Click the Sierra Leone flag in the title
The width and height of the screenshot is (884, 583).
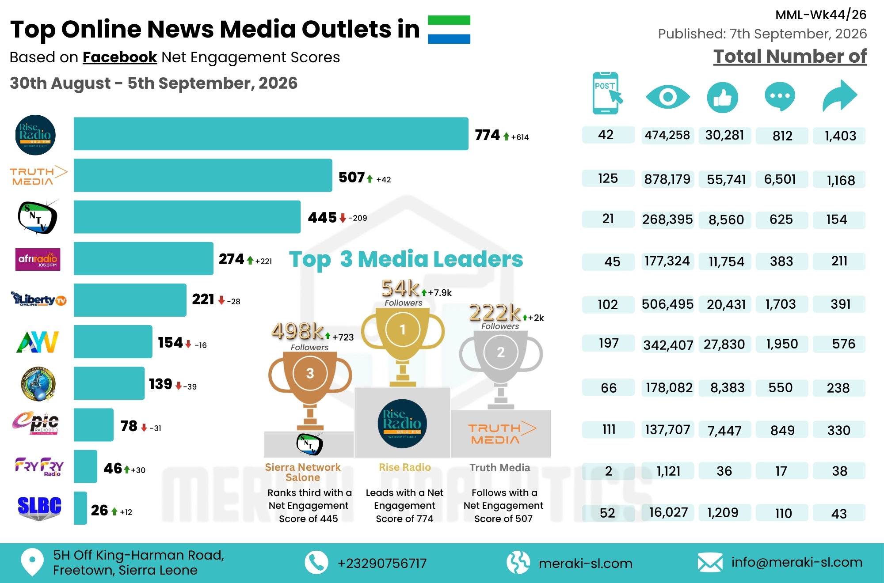point(449,30)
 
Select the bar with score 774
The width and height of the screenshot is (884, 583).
point(271,134)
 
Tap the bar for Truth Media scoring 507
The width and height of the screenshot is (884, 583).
point(203,175)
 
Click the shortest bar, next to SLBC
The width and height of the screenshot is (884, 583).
point(80,508)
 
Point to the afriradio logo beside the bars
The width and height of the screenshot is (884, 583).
point(38,260)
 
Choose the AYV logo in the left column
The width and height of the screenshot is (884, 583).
point(38,342)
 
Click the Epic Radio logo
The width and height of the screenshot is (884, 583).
point(35,423)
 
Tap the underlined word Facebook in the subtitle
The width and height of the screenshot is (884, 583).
point(120,57)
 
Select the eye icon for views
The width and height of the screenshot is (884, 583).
point(667,97)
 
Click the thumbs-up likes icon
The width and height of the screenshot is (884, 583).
point(723,97)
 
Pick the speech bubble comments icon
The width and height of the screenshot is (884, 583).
point(780,96)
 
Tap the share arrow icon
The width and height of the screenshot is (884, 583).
point(839,95)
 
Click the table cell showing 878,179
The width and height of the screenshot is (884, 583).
point(667,179)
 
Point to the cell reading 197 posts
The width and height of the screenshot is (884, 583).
point(608,343)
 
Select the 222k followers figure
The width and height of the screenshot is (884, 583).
point(495,313)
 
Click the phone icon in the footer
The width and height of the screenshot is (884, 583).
point(316,563)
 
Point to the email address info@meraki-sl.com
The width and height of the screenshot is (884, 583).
point(797,562)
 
